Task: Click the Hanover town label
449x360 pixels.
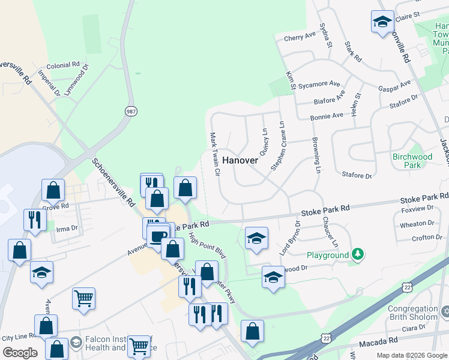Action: click(240, 160)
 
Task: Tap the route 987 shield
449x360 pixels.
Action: click(130, 111)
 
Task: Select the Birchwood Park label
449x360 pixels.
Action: click(412, 161)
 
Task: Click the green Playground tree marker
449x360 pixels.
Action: click(358, 255)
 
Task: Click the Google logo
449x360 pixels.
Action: click(20, 353)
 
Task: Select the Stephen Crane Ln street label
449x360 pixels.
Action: click(277, 146)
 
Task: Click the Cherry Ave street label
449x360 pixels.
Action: click(300, 37)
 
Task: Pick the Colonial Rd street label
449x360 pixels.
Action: click(63, 65)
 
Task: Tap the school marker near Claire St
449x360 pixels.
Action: click(382, 23)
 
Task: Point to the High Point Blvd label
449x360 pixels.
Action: click(207, 246)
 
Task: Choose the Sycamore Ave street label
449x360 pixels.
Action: click(322, 84)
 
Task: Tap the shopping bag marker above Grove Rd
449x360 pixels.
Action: click(53, 190)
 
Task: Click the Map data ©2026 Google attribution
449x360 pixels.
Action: click(412, 355)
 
